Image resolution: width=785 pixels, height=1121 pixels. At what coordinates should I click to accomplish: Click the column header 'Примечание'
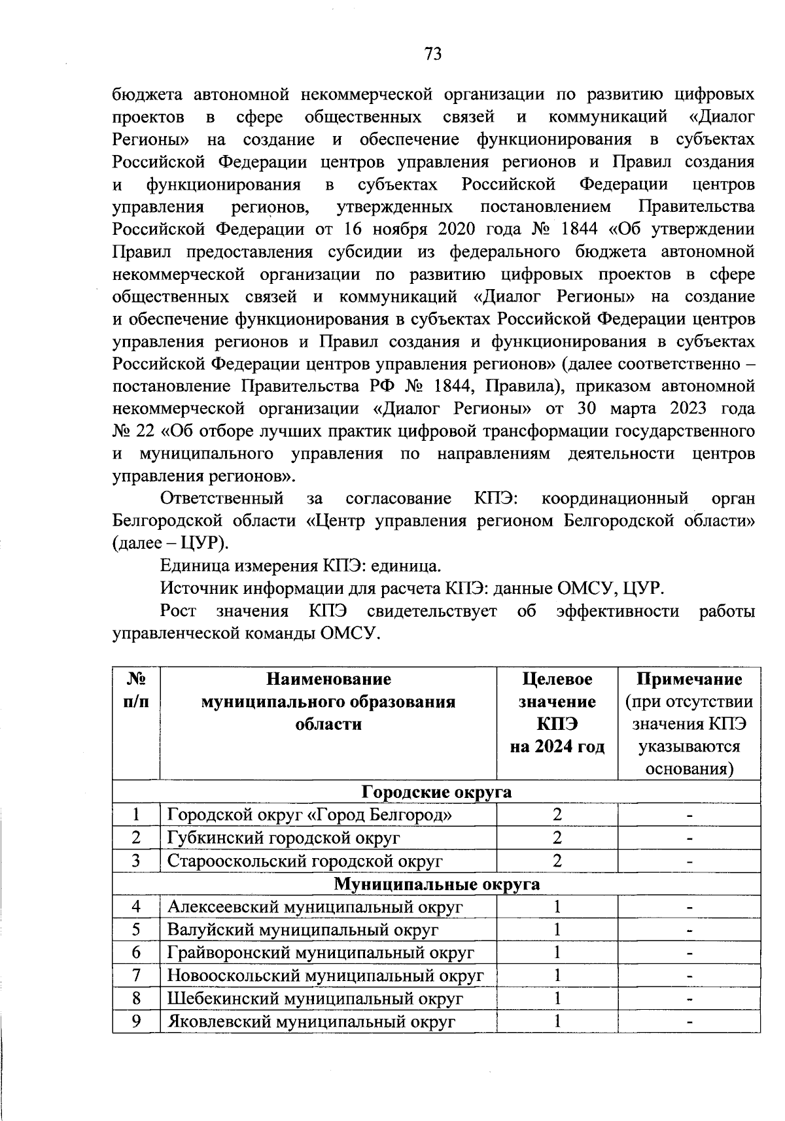[689, 680]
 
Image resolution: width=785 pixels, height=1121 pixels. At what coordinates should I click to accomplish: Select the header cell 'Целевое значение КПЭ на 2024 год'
[557, 713]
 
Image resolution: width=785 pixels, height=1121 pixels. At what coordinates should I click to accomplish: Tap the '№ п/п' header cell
[136, 691]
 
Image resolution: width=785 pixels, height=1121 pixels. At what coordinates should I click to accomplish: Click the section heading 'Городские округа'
[436, 792]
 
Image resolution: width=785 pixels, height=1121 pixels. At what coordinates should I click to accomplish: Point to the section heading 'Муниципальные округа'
[436, 884]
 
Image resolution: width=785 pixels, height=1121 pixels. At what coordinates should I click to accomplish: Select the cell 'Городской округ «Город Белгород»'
[309, 815]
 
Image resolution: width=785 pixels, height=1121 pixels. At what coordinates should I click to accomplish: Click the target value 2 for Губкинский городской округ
[557, 838]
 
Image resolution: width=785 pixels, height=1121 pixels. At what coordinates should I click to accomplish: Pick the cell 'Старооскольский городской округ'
[305, 861]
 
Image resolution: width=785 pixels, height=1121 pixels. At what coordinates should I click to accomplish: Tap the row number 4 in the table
[136, 907]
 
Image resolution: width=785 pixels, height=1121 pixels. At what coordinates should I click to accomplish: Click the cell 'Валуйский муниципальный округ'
[303, 930]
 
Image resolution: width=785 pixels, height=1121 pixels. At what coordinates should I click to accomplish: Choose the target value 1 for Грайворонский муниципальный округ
[557, 953]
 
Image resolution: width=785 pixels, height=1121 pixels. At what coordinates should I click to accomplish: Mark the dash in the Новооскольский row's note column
[689, 976]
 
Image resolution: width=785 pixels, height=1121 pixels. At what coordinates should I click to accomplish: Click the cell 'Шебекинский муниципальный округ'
[315, 999]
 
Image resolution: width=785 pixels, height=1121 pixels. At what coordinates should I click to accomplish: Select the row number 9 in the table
[136, 1022]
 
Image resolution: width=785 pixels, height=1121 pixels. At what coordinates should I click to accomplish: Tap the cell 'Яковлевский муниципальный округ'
[311, 1022]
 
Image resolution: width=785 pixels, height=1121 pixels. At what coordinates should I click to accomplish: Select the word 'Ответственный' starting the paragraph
[222, 499]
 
